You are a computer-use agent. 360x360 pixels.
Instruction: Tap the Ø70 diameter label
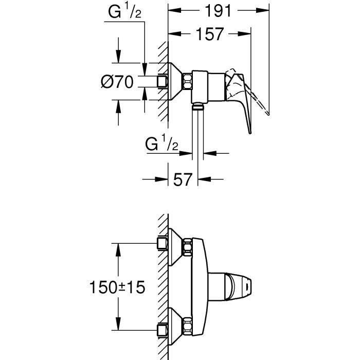click(x=117, y=81)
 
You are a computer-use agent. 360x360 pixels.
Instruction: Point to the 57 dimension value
click(x=183, y=179)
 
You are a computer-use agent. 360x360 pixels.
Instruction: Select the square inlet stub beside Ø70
click(x=163, y=81)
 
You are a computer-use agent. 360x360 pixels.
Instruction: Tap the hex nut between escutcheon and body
click(x=188, y=81)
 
